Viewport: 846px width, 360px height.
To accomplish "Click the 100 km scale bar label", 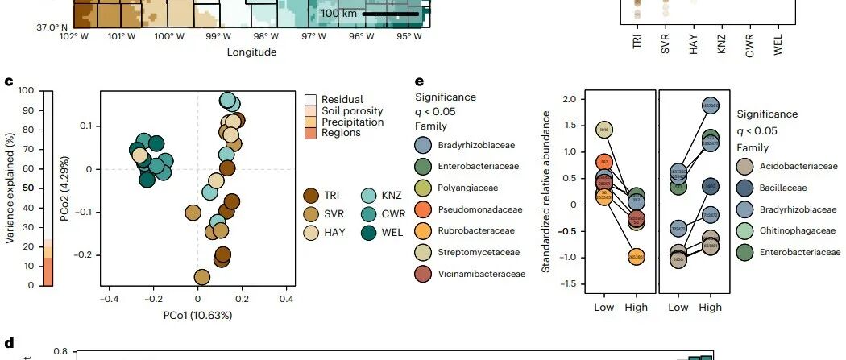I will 339,13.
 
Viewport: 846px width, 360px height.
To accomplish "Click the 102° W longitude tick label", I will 73,37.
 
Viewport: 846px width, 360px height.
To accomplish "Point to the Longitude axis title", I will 252,52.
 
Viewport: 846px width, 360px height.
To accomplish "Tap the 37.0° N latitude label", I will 52,27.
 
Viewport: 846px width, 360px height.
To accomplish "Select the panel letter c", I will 9,82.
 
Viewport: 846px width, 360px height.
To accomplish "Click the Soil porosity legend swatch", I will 310,111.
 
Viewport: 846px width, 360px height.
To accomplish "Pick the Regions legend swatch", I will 310,133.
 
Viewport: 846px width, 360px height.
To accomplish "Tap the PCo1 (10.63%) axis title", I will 197,315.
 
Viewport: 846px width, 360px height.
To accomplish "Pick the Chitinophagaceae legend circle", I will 745,231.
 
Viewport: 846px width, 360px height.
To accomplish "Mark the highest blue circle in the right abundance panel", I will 710,106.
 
